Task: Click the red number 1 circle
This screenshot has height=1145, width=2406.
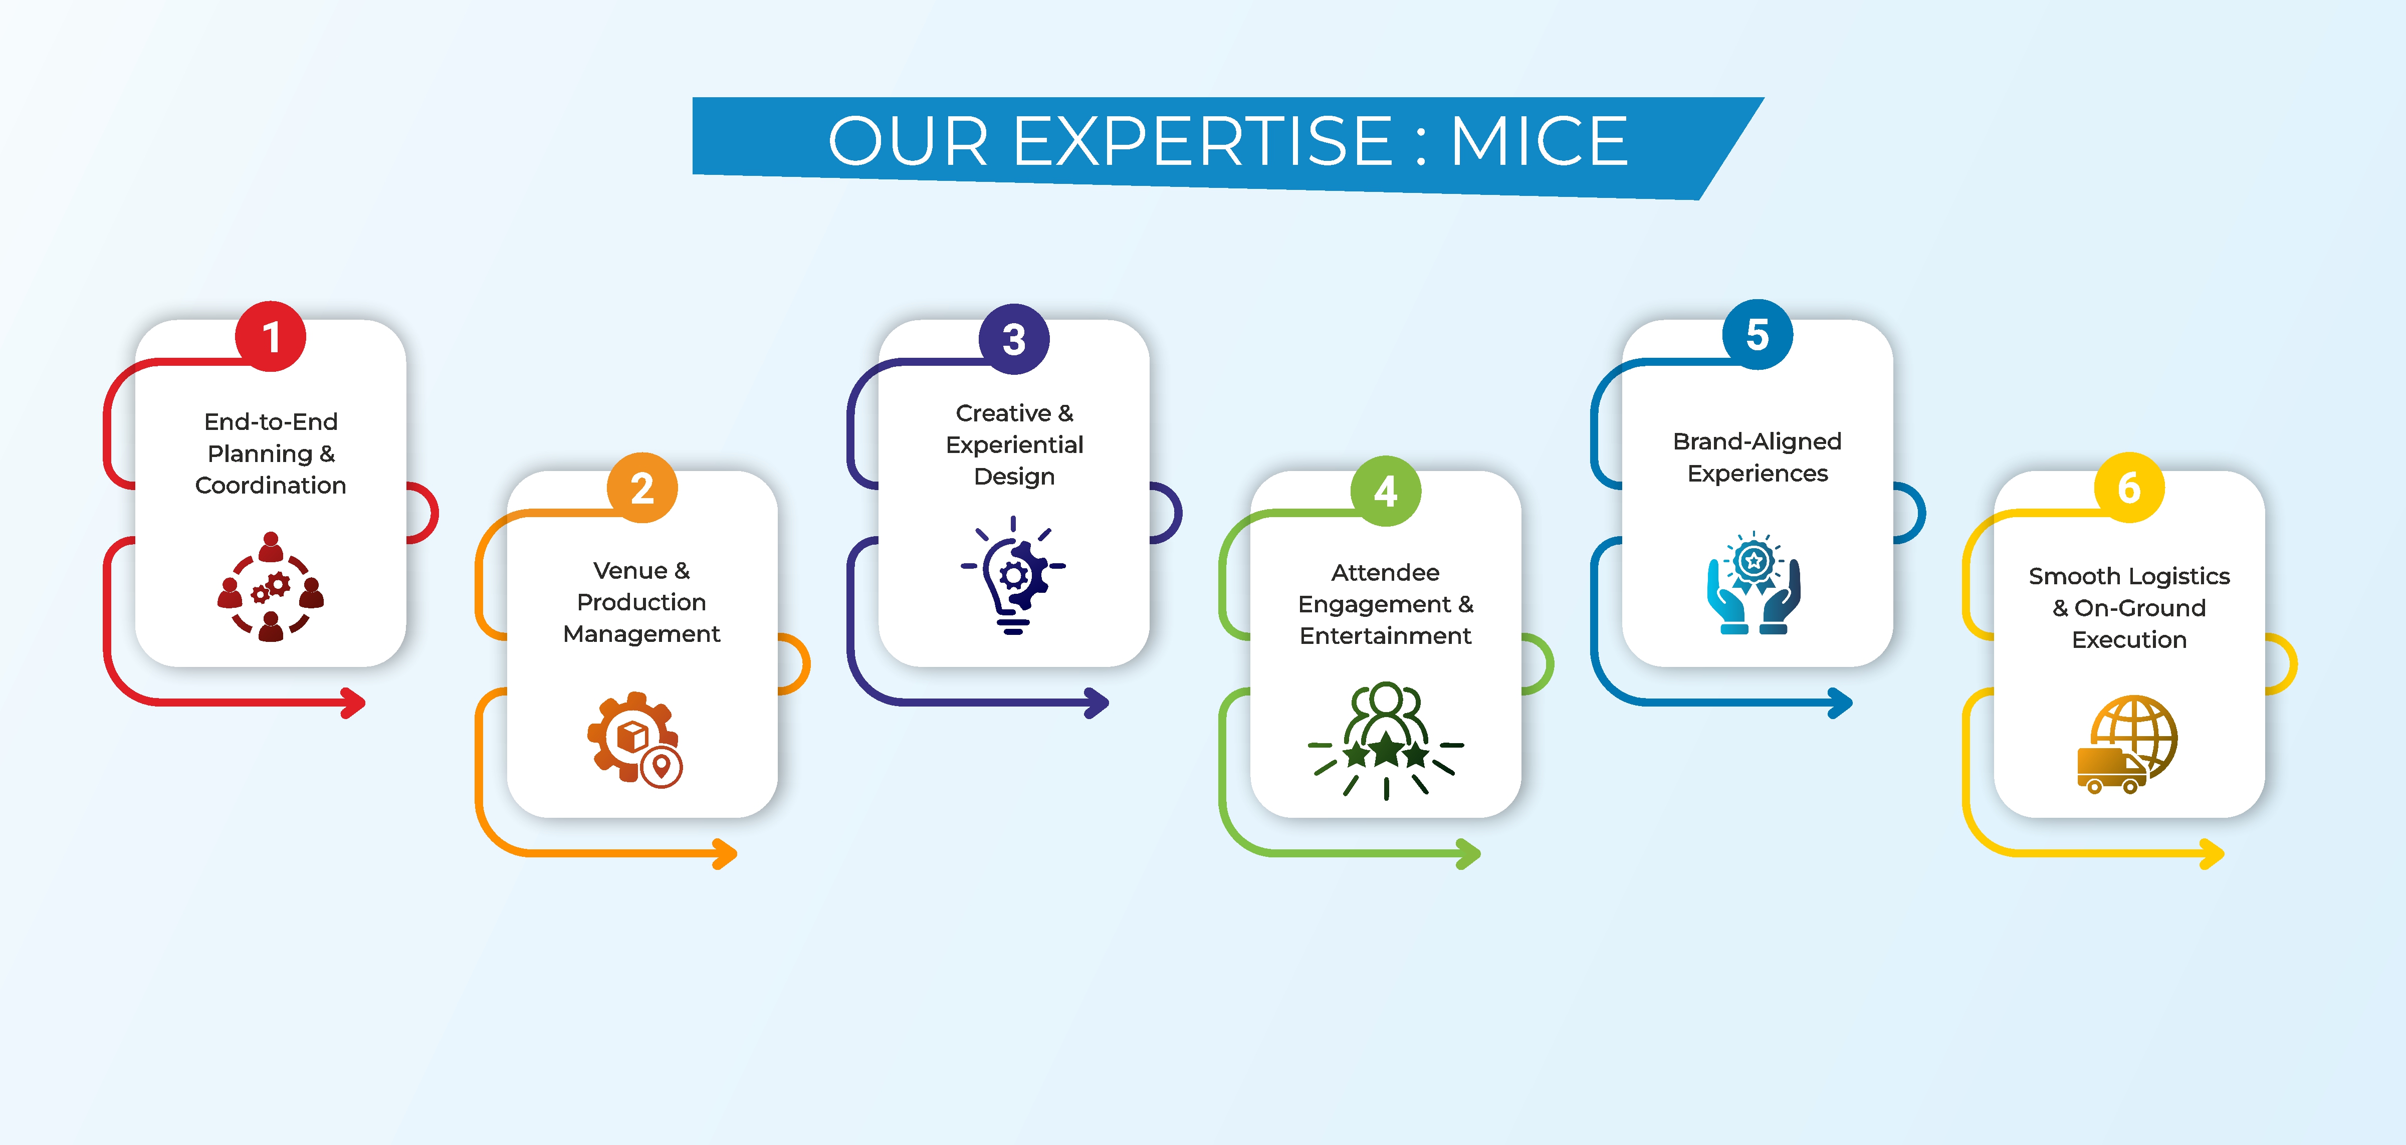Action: [x=271, y=336]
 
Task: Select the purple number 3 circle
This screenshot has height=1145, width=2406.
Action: [x=1014, y=339]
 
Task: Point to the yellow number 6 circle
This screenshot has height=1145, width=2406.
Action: [x=2129, y=488]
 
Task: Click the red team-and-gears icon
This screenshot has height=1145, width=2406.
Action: [x=271, y=586]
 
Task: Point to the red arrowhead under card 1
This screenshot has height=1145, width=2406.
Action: [x=353, y=703]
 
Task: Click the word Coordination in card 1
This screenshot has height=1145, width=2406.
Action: [x=271, y=486]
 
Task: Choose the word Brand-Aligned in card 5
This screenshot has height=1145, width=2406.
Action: [x=1757, y=442]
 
